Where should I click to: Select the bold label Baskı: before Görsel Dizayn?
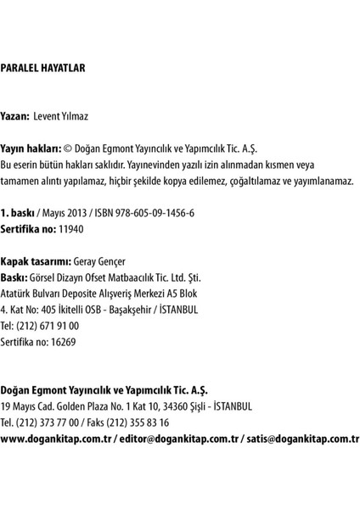(x=14, y=278)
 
